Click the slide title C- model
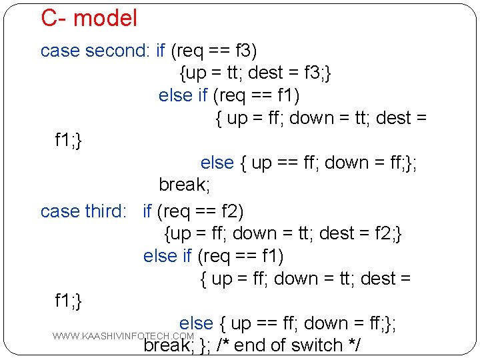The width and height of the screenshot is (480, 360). (89, 19)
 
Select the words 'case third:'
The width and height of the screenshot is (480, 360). (83, 211)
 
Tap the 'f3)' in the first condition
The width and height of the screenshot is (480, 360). (246, 51)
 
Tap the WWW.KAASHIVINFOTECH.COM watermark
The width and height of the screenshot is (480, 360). (123, 335)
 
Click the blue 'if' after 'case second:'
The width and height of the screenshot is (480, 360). (160, 51)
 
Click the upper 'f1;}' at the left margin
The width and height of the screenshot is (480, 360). (68, 140)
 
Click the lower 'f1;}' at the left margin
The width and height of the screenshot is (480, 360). (68, 301)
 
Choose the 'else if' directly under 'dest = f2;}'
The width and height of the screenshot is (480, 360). (167, 256)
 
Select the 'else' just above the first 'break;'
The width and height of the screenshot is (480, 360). (217, 163)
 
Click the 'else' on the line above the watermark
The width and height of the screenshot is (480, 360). (196, 323)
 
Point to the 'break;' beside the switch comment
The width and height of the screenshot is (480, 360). (165, 345)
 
